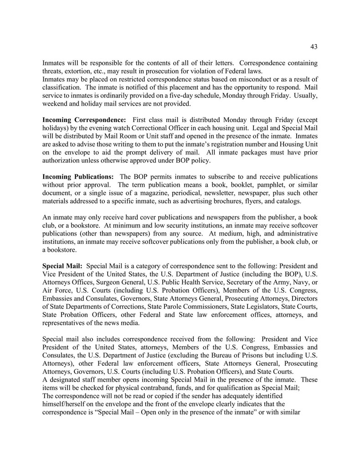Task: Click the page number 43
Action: click(314, 46)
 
